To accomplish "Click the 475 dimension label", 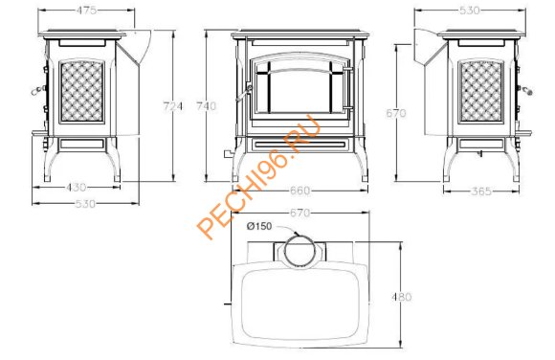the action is point(86,11).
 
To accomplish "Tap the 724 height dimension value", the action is point(173,106).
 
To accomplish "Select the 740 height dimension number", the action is point(206,106).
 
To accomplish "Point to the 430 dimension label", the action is point(77,187).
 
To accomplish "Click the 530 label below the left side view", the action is point(85,204).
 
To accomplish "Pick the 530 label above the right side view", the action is point(469,11).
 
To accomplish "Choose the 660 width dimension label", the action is point(300,191).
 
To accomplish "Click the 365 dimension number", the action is point(481,191).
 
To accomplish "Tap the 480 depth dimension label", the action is point(402,297).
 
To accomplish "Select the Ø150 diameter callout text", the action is point(259,226).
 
